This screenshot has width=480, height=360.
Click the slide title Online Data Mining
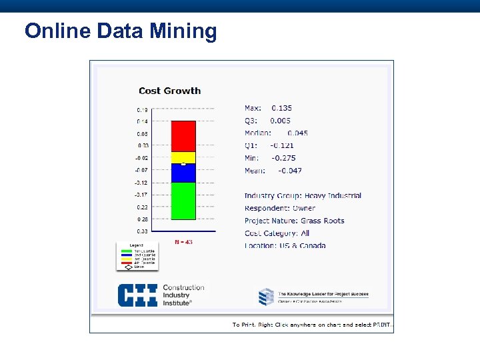coord(121,31)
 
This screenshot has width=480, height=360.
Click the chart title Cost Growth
coord(169,91)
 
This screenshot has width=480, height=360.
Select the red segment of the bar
coord(183,136)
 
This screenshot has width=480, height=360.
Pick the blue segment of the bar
coord(183,173)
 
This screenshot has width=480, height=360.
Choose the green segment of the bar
coord(183,201)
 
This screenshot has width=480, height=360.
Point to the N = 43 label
coord(183,242)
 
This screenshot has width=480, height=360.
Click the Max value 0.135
coord(281,108)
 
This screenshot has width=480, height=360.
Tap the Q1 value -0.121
coord(281,145)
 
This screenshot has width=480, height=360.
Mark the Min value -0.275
coord(283,158)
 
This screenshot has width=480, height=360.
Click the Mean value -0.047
coord(289,171)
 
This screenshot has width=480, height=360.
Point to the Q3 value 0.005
coord(280,121)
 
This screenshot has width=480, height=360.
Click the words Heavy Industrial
coord(333,196)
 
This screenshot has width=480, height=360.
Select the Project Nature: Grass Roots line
coord(294,221)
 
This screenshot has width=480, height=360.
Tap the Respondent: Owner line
coord(280,209)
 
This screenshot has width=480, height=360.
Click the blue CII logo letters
coord(137,295)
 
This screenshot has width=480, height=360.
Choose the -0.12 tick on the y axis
coord(141,183)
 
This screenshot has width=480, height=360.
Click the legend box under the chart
coord(137,256)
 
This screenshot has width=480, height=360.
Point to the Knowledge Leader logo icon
coord(266,296)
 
